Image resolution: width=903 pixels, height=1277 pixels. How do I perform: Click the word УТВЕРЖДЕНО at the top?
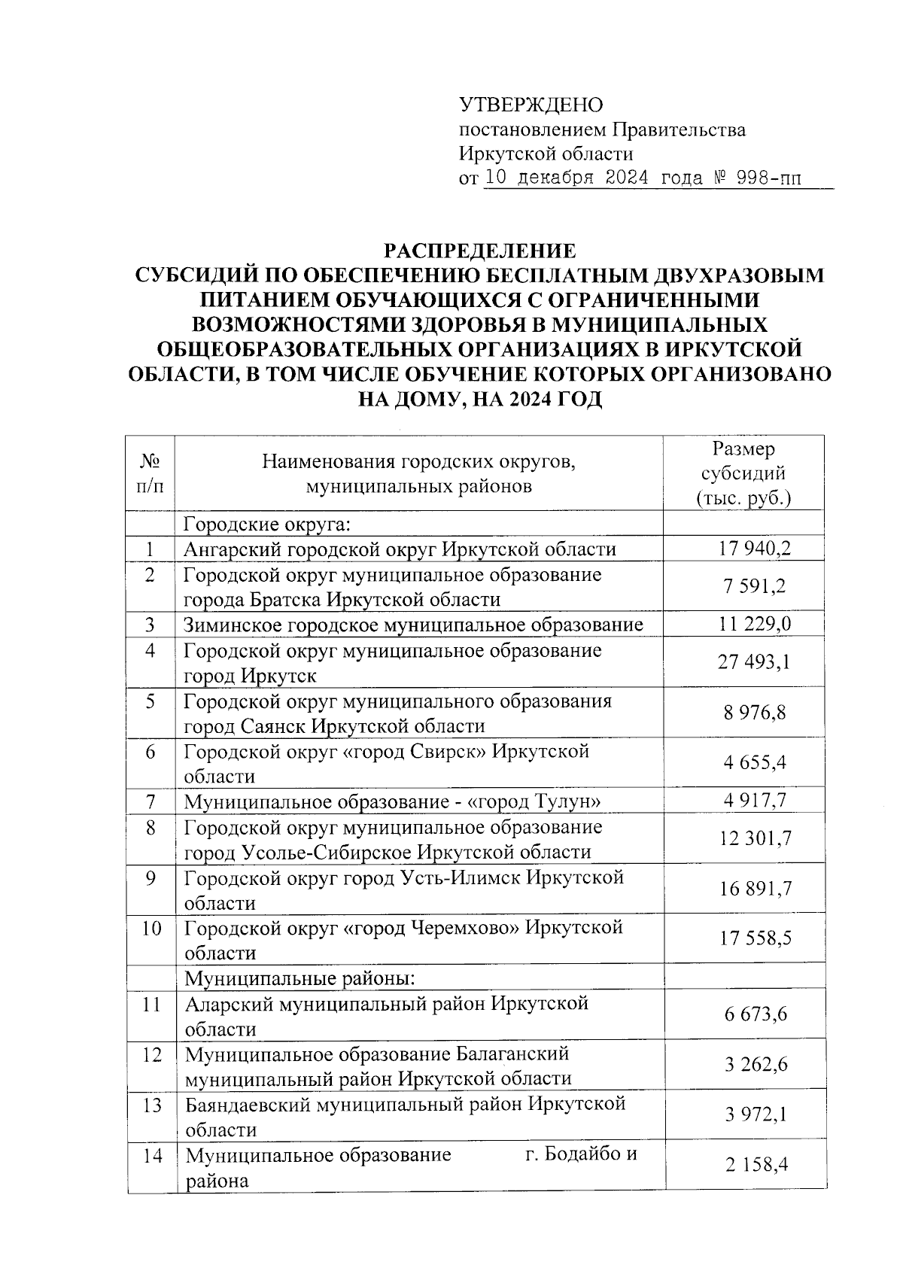(531, 105)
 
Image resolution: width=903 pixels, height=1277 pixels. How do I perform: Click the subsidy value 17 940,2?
(755, 549)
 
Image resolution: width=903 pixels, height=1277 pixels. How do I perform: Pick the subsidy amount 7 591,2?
(755, 587)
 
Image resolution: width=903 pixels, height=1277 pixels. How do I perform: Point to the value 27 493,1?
(755, 662)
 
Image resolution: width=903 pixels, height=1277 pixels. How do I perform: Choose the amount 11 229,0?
(755, 625)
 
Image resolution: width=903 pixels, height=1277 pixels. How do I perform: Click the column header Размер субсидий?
(743, 473)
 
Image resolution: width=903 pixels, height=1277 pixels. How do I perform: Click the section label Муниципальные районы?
(301, 978)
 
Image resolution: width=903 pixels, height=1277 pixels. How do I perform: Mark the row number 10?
(151, 929)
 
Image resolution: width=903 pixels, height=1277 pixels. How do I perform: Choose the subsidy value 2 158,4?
(756, 1166)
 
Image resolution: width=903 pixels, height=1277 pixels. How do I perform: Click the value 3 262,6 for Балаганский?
(756, 1065)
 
